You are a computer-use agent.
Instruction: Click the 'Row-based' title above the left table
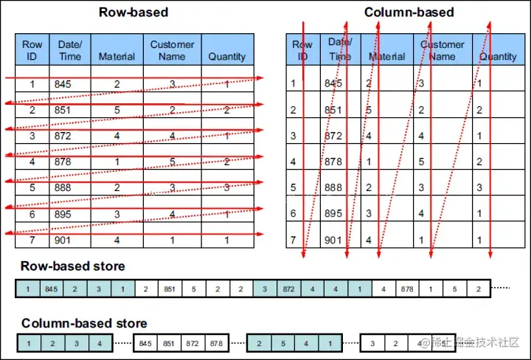point(133,13)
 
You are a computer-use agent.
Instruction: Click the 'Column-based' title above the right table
point(409,13)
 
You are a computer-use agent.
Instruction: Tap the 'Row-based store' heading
point(72,266)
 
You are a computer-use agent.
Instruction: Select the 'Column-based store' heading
point(84,323)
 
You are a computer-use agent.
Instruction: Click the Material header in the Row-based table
point(117,56)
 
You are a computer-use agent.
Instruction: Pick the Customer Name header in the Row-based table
point(172,50)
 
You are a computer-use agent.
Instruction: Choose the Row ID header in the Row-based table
point(32,50)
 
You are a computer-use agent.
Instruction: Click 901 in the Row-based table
point(63,240)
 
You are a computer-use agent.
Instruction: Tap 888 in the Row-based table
point(63,187)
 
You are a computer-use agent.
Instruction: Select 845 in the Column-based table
point(333,83)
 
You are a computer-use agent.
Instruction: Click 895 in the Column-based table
point(333,213)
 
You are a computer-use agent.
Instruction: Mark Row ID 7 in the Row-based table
point(32,240)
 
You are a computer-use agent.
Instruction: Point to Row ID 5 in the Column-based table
point(294,187)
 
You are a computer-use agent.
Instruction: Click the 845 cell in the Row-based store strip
point(50,288)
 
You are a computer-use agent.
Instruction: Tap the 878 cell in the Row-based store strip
point(406,288)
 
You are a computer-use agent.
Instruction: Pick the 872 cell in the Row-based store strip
point(288,288)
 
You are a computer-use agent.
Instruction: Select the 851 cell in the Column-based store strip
point(169,343)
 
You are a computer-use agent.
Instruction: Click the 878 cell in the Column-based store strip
point(216,343)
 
